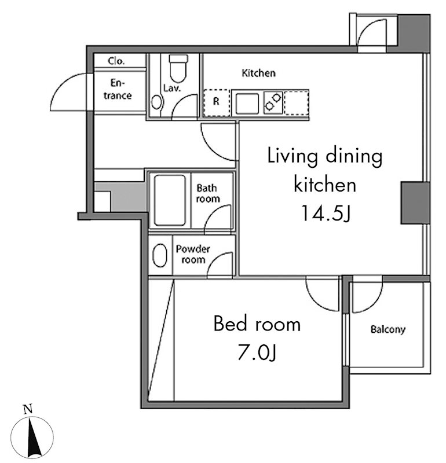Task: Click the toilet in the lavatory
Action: pos(178,68)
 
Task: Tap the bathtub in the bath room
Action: pos(170,200)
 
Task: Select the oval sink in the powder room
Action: pos(160,255)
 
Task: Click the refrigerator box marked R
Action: pos(217,102)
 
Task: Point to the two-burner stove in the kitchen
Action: pos(272,102)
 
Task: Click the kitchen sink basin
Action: pos(247,104)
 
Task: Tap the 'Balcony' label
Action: pos(387,329)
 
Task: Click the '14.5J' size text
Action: pos(326,213)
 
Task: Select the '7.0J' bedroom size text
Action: pos(257,352)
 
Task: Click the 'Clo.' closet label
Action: pos(116,61)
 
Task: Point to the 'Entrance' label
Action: pos(118,89)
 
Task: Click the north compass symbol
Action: pos(32,437)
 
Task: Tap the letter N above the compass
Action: pos(28,409)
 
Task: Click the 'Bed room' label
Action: pos(257,324)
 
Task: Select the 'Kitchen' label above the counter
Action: pos(258,73)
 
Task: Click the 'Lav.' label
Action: pos(172,88)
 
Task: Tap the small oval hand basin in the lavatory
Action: pos(156,102)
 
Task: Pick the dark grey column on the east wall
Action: pos(415,203)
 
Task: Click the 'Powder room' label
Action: pos(193,254)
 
